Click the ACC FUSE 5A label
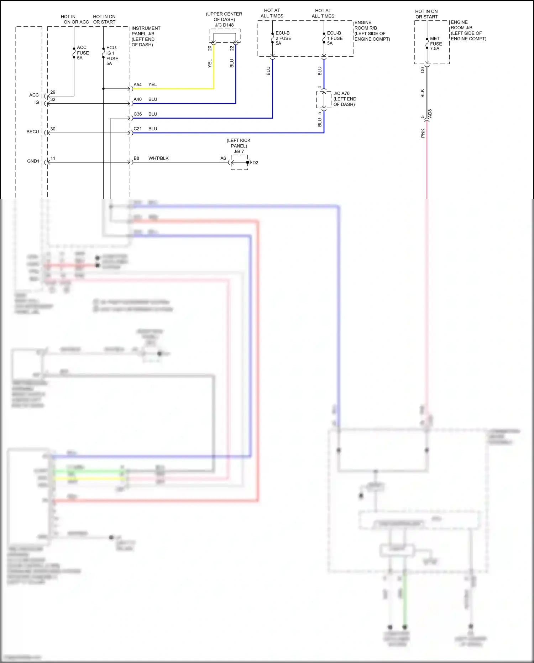[x=83, y=53]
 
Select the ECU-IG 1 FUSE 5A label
[x=112, y=56]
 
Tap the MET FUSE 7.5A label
[x=436, y=43]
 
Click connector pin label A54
[x=137, y=85]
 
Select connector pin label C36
[x=137, y=114]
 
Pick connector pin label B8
[x=136, y=158]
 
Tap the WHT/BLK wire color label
[x=158, y=158]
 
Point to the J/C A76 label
[x=341, y=93]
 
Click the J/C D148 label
[x=224, y=25]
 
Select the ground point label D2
[x=255, y=163]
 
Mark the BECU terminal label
[x=33, y=132]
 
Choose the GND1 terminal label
[x=33, y=161]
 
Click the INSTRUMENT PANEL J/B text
[x=146, y=31]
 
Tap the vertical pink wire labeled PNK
[x=427, y=160]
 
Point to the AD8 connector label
[x=430, y=114]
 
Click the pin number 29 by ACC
[x=53, y=92]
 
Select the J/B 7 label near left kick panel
[x=239, y=151]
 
